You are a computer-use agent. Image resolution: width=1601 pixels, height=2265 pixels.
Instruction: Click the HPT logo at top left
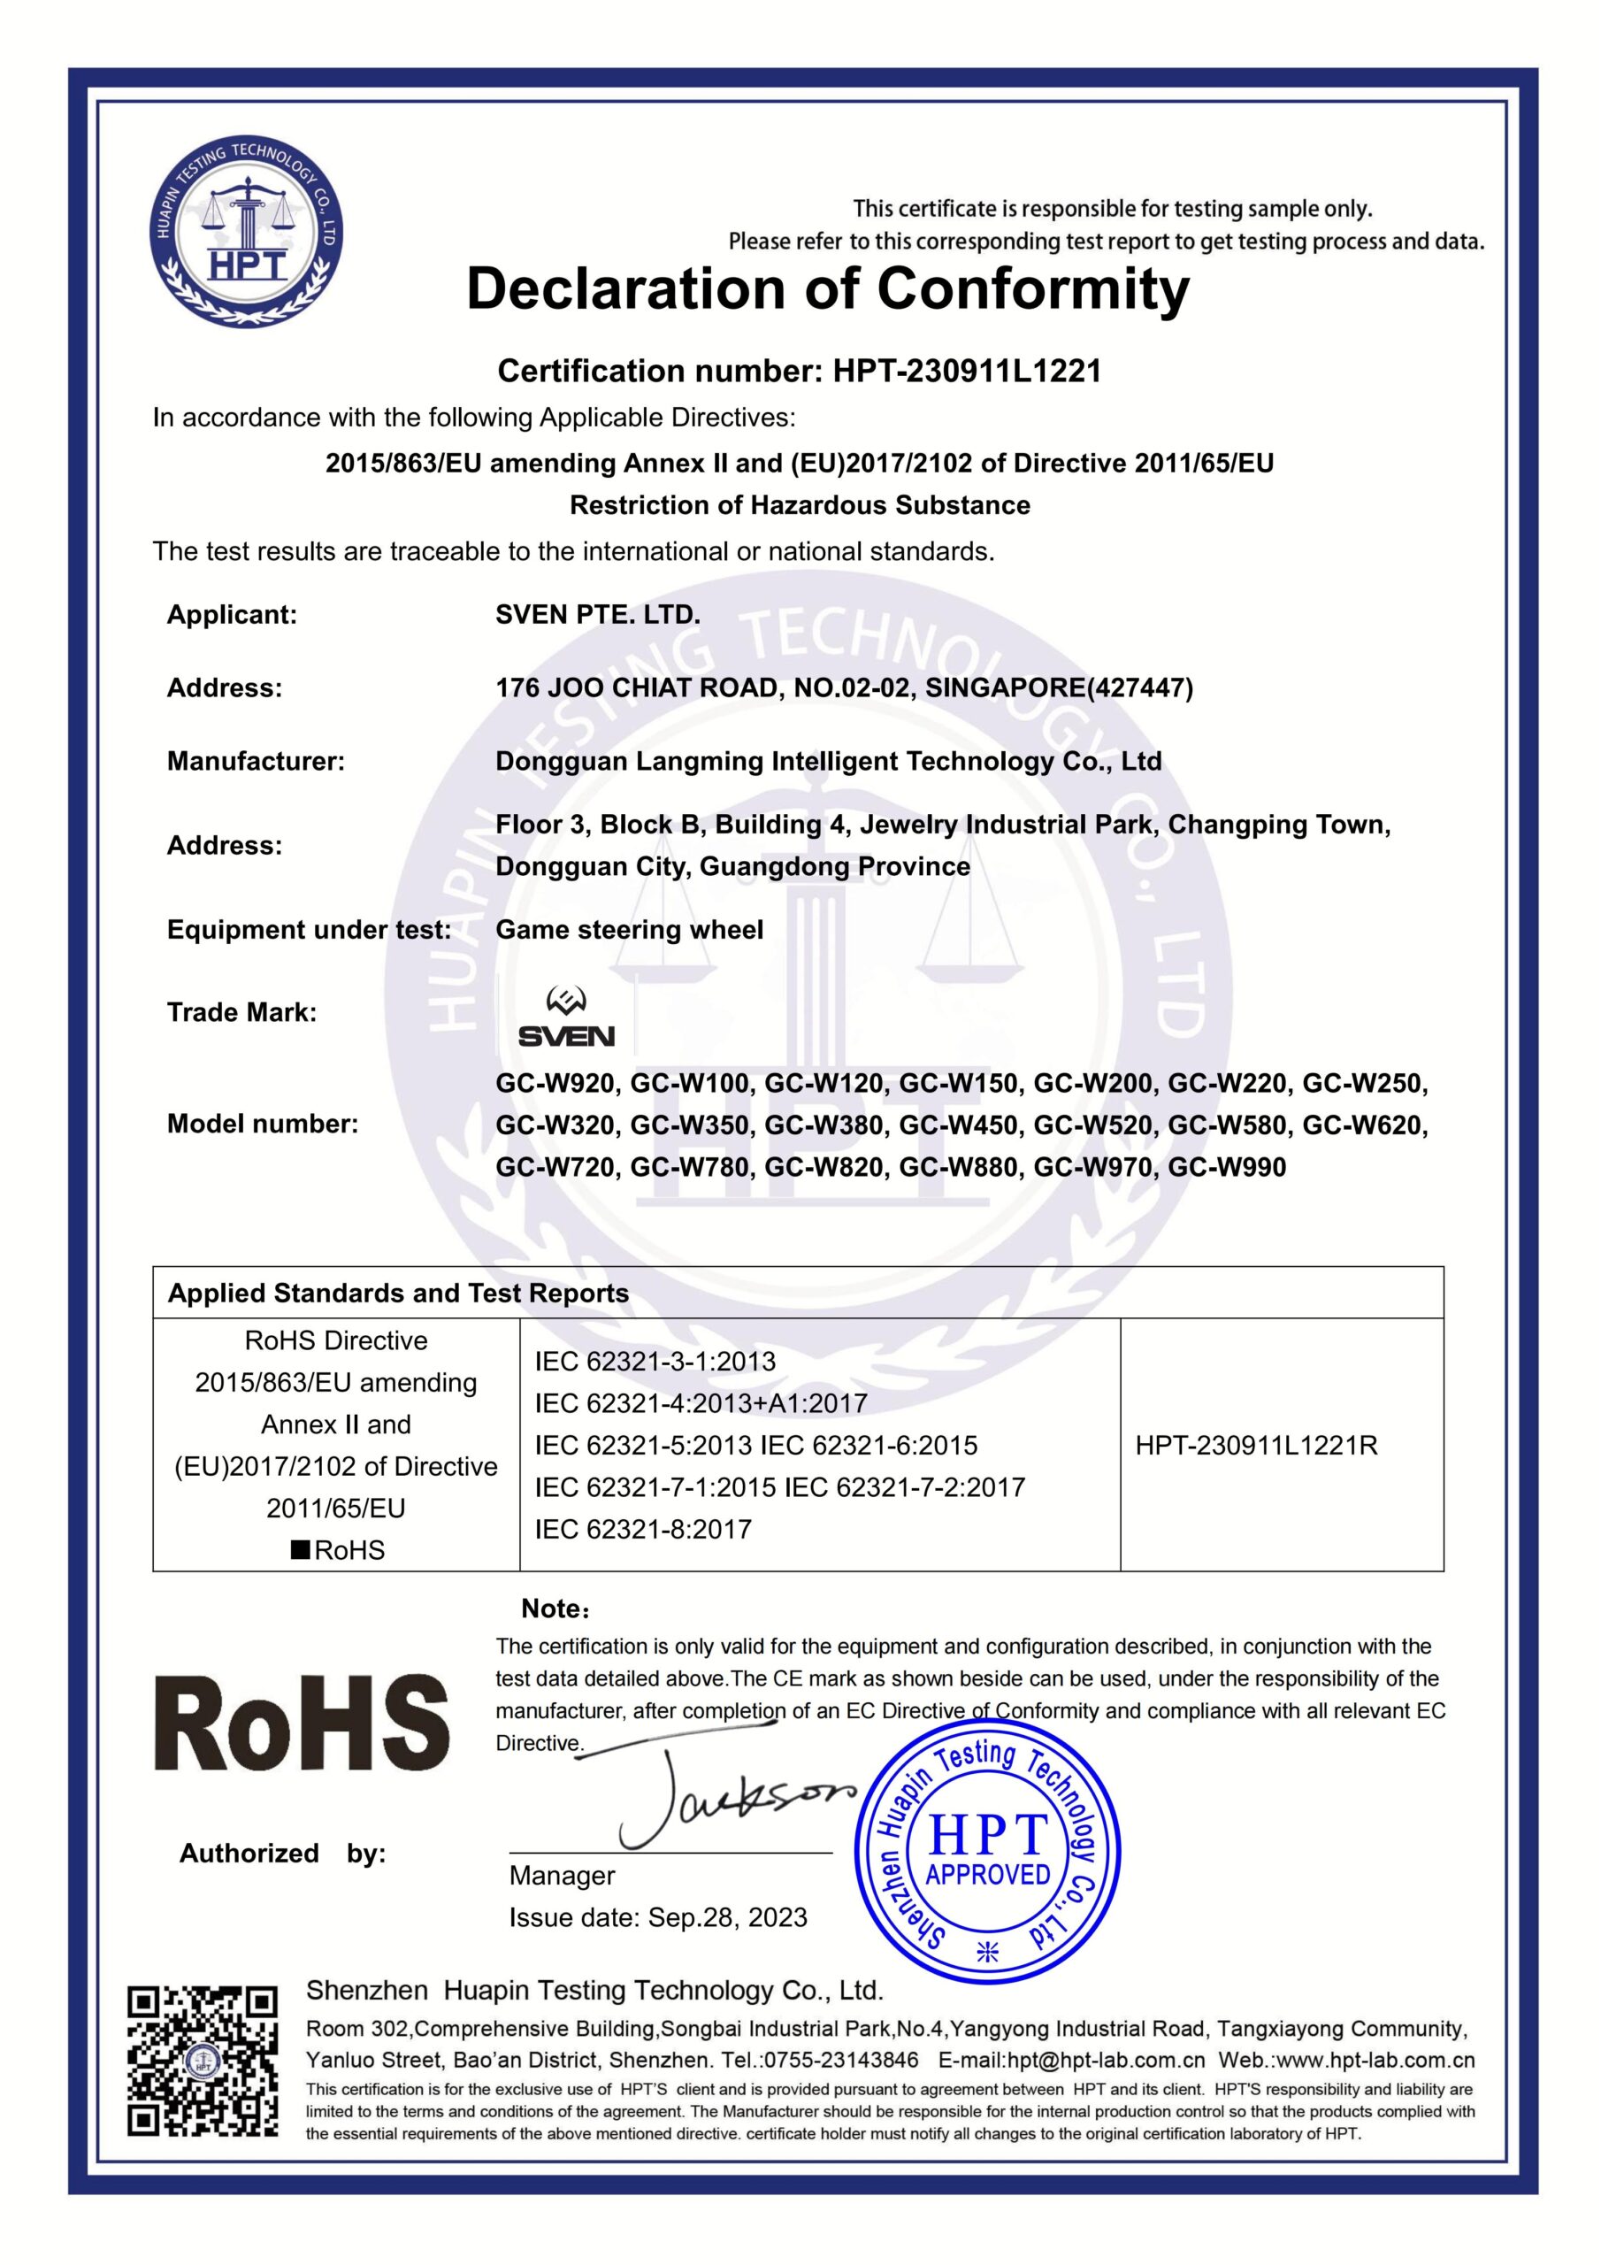[245, 233]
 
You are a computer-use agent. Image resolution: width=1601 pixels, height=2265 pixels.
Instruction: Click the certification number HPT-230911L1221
[967, 371]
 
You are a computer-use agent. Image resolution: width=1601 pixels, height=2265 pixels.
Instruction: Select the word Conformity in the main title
[1033, 291]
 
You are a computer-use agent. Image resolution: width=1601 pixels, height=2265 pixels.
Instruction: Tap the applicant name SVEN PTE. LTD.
[598, 615]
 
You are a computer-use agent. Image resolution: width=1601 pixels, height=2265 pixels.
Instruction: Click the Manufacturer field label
[256, 762]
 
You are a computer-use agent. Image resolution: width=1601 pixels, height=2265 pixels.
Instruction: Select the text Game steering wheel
[630, 929]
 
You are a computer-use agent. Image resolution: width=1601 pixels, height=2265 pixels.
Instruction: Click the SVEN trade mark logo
[566, 1018]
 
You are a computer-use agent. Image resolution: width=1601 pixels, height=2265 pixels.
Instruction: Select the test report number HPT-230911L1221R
[1256, 1447]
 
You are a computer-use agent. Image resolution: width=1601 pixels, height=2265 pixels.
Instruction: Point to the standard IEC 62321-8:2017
[643, 1530]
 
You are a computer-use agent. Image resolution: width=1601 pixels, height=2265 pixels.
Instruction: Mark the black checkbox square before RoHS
[299, 1550]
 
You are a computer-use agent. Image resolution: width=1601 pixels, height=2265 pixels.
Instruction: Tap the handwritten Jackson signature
[730, 1799]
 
